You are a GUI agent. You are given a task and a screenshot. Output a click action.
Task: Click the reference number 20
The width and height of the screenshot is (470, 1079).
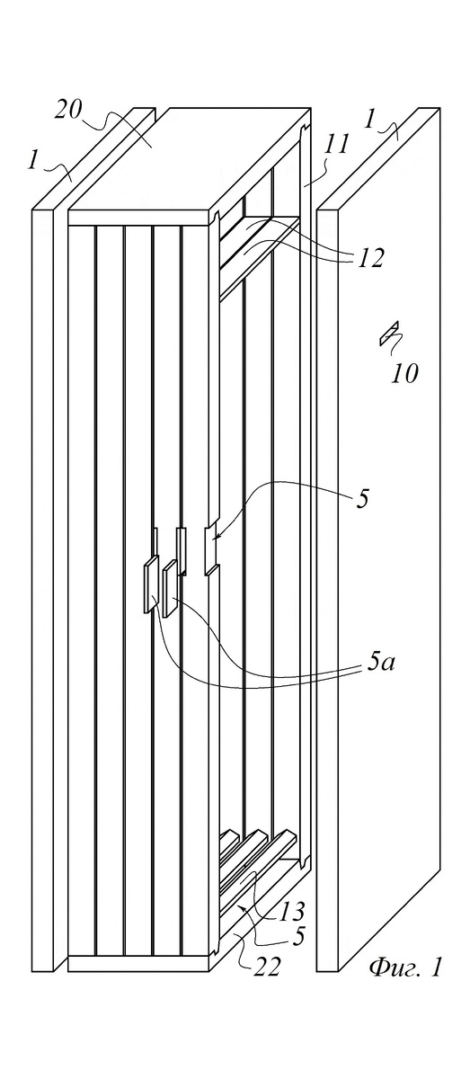(x=68, y=111)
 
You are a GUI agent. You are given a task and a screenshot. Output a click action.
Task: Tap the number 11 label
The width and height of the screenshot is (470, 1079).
(x=335, y=145)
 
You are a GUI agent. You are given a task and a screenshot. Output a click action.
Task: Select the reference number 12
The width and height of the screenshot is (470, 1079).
(x=371, y=259)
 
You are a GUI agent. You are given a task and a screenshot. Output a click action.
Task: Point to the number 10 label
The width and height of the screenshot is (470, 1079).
(x=404, y=374)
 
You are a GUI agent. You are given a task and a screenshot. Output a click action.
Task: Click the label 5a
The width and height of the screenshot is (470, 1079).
(x=382, y=664)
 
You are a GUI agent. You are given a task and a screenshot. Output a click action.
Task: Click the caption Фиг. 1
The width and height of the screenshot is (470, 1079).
(x=405, y=967)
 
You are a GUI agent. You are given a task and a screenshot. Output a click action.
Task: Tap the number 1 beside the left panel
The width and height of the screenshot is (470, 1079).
(x=32, y=160)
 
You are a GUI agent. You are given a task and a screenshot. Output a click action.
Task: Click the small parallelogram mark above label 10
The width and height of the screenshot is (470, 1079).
(x=389, y=333)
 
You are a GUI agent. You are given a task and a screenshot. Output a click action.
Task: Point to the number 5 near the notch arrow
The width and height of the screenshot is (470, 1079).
(x=363, y=500)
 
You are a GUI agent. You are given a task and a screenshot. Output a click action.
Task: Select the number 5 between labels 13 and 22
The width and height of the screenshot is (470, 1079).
(x=299, y=936)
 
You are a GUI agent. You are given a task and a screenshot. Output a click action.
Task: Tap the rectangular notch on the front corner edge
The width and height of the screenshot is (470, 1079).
(x=211, y=549)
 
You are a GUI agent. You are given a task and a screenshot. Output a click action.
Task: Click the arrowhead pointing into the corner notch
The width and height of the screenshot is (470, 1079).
(x=216, y=536)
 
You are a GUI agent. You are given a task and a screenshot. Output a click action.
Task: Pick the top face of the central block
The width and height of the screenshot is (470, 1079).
(x=189, y=159)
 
